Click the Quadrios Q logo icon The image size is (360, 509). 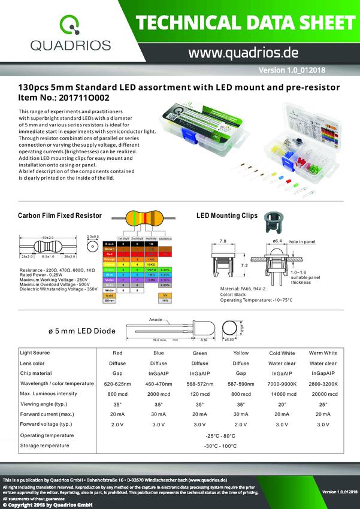point(71,25)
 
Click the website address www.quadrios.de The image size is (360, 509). point(244,53)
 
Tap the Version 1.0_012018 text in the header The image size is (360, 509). point(292,71)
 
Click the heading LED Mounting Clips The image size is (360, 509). point(227,216)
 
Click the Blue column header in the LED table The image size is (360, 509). point(159,354)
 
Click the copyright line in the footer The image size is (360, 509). point(47,505)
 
